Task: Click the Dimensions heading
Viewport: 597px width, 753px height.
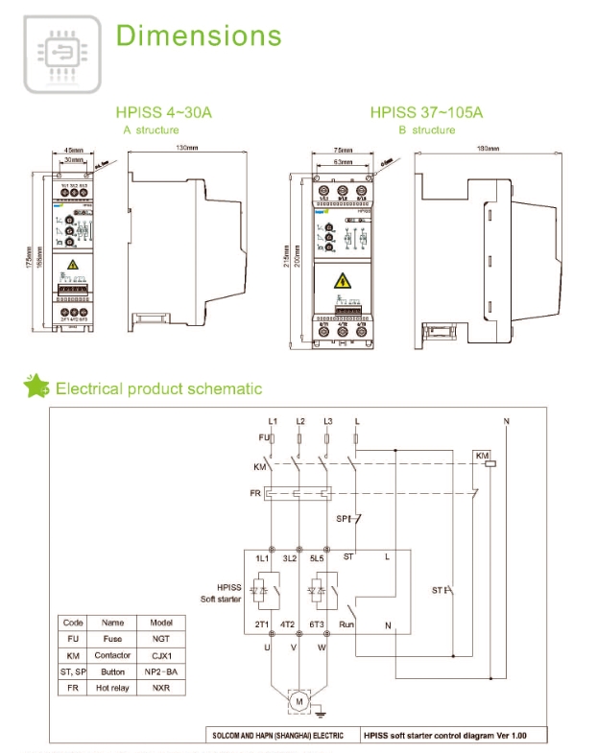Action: point(199,35)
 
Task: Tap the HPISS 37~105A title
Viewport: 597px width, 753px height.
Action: point(426,113)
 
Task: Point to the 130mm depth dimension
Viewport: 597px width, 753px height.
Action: point(187,149)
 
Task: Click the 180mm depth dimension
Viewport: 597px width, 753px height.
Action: point(490,149)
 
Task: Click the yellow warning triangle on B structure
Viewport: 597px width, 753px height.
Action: point(342,281)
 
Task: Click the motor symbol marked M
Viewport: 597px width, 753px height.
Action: point(298,702)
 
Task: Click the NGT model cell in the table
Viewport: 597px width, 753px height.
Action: point(160,638)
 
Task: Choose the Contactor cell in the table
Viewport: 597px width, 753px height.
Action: point(113,654)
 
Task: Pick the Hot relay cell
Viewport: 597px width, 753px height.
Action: point(113,687)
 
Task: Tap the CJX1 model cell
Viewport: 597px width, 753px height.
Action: point(160,654)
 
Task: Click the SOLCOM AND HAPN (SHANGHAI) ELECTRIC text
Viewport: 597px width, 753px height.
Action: point(276,736)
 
